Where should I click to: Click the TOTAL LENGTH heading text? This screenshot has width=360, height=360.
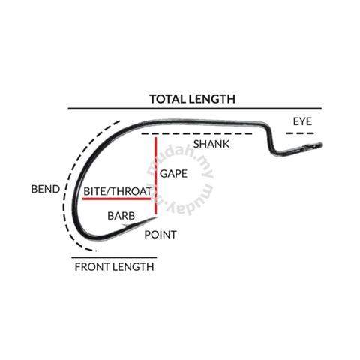193,99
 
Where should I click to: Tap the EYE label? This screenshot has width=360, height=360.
302,121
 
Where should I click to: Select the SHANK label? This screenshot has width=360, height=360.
211,144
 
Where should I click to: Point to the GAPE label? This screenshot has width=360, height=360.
173,174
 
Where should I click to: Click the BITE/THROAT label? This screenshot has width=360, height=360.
118,191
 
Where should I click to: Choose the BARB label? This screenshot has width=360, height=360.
121,216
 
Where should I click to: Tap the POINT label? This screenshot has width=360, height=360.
160,235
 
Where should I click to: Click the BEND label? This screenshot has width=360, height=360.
46,189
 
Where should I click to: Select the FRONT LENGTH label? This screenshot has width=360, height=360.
114,267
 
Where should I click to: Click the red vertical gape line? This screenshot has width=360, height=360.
156,175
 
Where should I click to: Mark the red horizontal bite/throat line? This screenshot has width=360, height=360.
116,199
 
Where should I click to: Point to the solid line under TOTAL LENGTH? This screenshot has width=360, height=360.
195,108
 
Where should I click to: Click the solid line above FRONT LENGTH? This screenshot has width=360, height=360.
114,257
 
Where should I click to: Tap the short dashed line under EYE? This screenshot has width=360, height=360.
300,133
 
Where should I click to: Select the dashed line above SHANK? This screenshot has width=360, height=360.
196,134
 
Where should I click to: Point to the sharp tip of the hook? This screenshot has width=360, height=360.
157,217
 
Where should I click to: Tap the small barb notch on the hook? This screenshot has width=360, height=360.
126,226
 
